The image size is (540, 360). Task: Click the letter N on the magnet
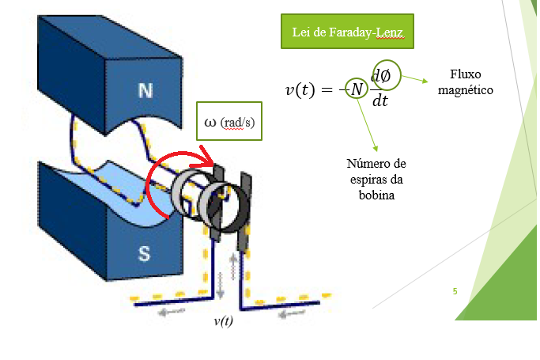[145, 90]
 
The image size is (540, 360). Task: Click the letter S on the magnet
[145, 253]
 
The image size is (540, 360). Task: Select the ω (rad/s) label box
[228, 123]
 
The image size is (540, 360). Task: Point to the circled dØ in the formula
[386, 75]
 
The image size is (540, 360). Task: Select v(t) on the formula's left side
[304, 89]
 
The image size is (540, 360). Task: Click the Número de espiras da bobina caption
[376, 179]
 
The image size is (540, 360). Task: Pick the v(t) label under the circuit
[223, 321]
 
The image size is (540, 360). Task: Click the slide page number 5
[455, 292]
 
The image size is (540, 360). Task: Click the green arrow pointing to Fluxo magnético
[415, 79]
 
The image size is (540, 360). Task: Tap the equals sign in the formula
[329, 89]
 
